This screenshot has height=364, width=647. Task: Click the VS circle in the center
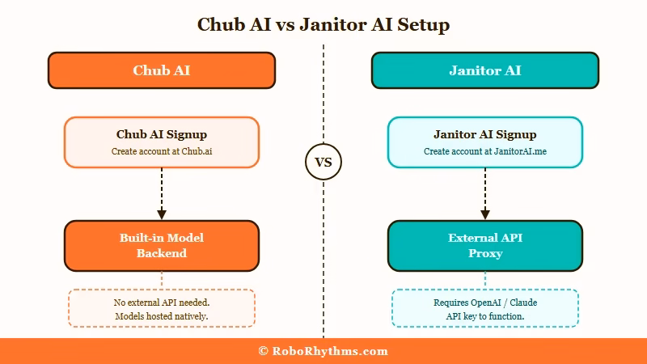pyautogui.click(x=323, y=163)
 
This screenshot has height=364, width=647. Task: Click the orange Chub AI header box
pyautogui.click(x=162, y=70)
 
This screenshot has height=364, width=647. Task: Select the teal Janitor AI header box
pyautogui.click(x=485, y=70)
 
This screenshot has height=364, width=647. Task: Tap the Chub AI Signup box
pyautogui.click(x=162, y=142)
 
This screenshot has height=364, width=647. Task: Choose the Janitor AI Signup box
pyautogui.click(x=485, y=142)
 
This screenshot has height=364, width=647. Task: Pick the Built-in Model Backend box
pyautogui.click(x=162, y=245)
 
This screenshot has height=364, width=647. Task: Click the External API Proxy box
pyautogui.click(x=485, y=245)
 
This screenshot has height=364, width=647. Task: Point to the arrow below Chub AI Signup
pyautogui.click(x=162, y=194)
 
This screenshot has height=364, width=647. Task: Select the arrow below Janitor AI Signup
pyautogui.click(x=485, y=194)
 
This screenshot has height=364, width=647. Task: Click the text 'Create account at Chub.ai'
pyautogui.click(x=162, y=151)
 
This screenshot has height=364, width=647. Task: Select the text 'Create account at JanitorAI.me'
pyautogui.click(x=485, y=151)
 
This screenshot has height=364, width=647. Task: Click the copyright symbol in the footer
pyautogui.click(x=264, y=351)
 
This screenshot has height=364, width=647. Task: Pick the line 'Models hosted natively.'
pyautogui.click(x=162, y=315)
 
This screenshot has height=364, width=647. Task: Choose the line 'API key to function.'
pyautogui.click(x=485, y=315)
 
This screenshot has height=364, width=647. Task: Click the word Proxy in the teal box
pyautogui.click(x=485, y=253)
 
